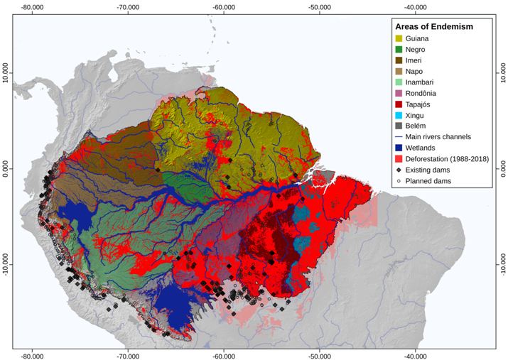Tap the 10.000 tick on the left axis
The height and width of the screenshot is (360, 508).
[7, 74]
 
